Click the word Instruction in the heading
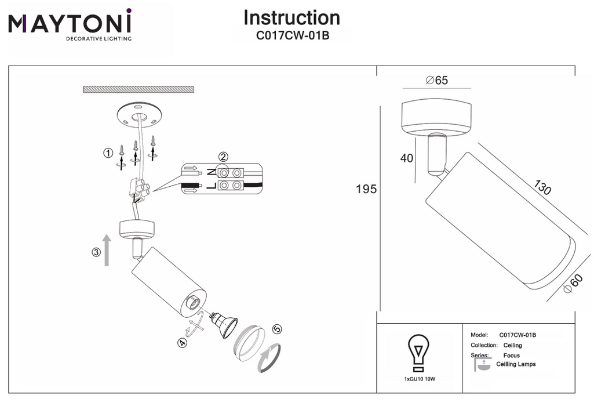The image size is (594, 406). pos(291,18)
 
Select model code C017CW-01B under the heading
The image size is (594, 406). pos(293,35)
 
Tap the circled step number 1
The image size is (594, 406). pos(108,153)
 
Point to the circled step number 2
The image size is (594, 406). pos(223,157)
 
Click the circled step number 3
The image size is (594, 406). pos(97,252)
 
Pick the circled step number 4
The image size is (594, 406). pos(182,343)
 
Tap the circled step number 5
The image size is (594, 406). pos(278,329)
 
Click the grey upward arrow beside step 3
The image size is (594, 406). pos(107,250)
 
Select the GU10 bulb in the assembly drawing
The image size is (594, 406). pos(223,324)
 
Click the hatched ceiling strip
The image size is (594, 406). pos(139,89)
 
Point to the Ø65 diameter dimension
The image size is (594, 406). pos(437,81)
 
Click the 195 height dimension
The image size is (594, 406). pos(366,188)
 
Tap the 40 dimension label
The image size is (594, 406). pos(407,158)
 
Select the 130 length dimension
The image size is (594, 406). pos(542,187)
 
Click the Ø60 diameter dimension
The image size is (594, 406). pos(573,284)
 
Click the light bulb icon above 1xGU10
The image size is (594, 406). pos(418,353)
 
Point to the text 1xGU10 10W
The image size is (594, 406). pos(420,379)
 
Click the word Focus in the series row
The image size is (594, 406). pos(511,356)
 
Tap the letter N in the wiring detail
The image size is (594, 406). pos(212,173)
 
